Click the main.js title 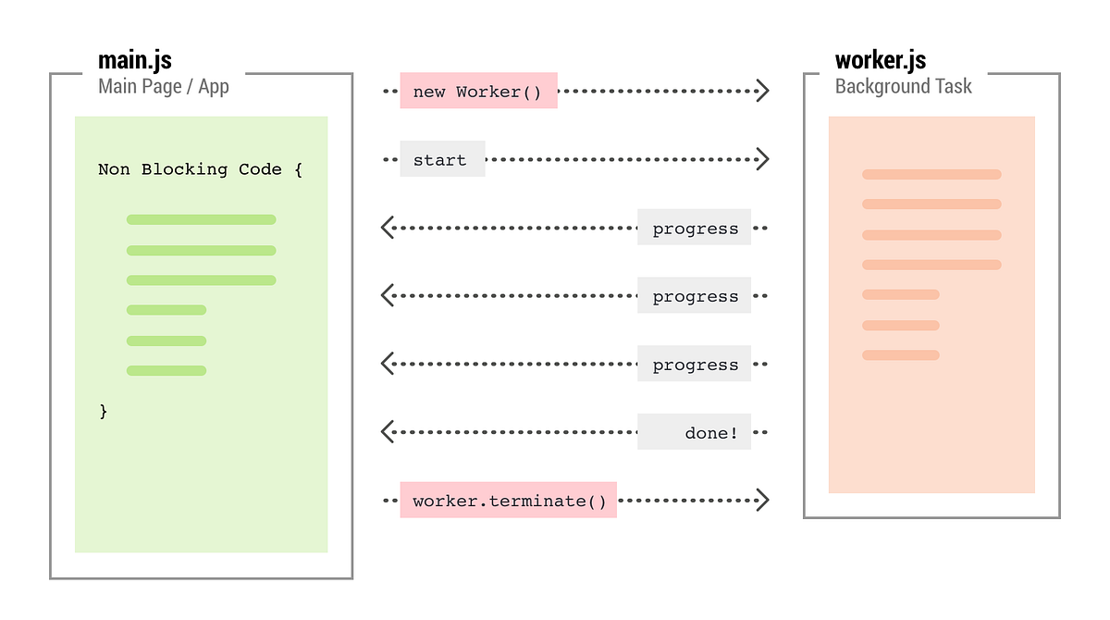135,61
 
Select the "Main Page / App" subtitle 164,87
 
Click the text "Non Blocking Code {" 200,169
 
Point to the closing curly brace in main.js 104,411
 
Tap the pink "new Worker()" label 478,91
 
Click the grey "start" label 442,159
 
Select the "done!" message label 694,432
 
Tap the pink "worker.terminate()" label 508,501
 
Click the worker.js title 881,61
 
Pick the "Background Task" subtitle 903,87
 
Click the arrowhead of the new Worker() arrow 762,91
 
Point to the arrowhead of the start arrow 762,159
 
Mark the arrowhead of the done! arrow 388,432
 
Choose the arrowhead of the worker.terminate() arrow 762,501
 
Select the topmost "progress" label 694,228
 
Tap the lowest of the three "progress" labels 694,365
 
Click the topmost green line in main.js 201,219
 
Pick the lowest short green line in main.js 166,371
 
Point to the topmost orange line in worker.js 931,174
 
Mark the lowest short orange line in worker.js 901,355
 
